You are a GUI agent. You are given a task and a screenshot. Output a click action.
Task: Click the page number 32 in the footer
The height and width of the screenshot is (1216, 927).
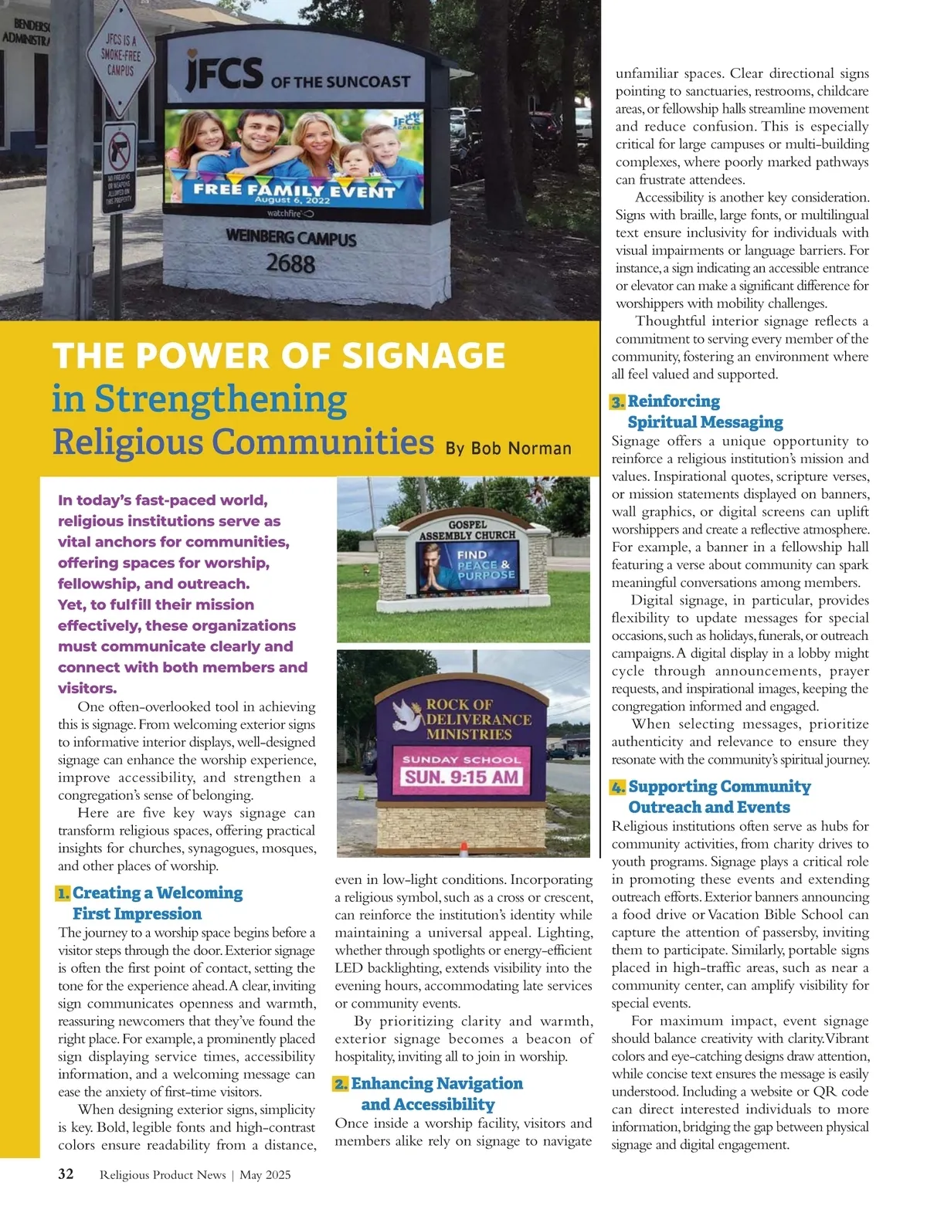pyautogui.click(x=66, y=1174)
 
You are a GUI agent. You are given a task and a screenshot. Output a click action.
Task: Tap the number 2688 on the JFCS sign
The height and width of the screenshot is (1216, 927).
pyautogui.click(x=290, y=264)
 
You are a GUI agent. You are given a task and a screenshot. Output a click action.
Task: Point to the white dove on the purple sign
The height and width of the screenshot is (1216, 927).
pyautogui.click(x=406, y=714)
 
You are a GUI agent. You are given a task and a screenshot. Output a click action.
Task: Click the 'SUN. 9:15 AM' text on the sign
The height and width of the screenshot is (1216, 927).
pyautogui.click(x=461, y=777)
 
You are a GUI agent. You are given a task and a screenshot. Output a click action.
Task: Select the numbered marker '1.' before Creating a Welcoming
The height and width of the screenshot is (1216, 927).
pyautogui.click(x=63, y=893)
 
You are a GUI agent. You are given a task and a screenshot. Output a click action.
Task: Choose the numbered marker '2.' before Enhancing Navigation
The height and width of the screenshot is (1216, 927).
pyautogui.click(x=341, y=1084)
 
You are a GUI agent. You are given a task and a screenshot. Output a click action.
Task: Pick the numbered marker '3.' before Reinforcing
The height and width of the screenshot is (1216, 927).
pyautogui.click(x=617, y=401)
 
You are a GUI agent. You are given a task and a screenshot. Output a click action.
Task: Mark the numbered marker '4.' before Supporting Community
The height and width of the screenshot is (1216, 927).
pyautogui.click(x=618, y=787)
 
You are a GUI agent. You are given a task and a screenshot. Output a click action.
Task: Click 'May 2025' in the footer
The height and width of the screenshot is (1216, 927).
pyautogui.click(x=265, y=1175)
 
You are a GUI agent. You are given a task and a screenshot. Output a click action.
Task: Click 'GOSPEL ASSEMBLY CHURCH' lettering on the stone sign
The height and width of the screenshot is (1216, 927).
pyautogui.click(x=467, y=530)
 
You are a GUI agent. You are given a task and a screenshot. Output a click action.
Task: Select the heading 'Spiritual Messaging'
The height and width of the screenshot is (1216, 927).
pyautogui.click(x=705, y=422)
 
